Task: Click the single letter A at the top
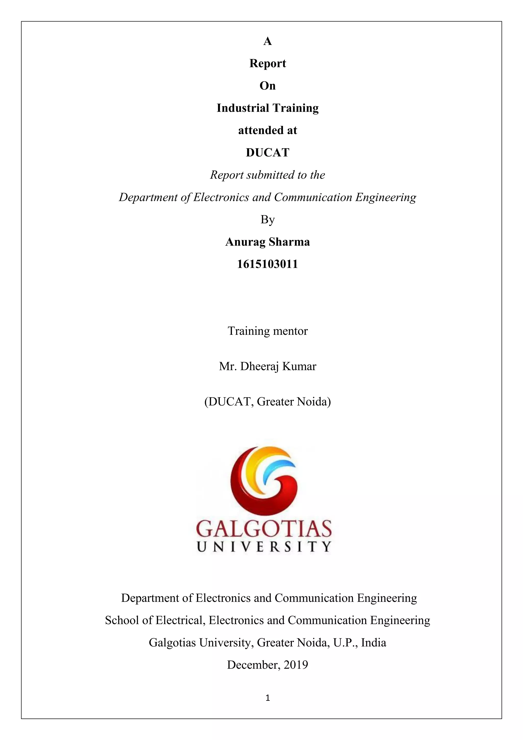tap(268, 41)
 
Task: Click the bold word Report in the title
tap(268, 63)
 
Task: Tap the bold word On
tap(268, 86)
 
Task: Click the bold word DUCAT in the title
tap(268, 153)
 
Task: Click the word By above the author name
tap(268, 219)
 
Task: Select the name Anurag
tap(245, 242)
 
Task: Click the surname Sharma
tap(289, 242)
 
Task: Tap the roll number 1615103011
tap(268, 264)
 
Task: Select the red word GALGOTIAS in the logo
tap(264, 529)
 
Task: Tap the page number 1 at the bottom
tap(268, 698)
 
